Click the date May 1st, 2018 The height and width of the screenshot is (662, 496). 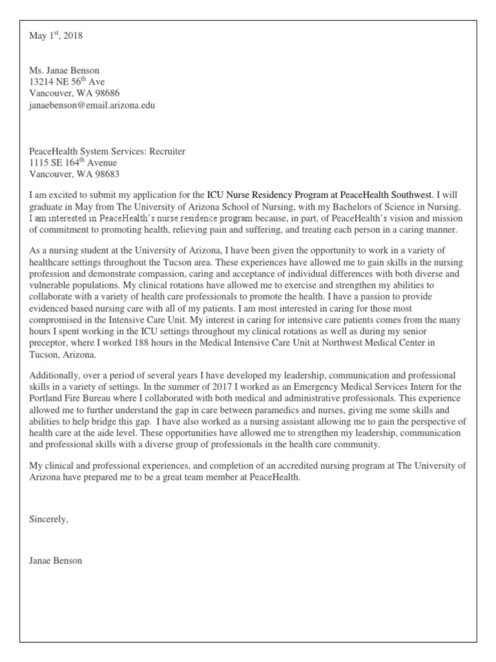coord(56,36)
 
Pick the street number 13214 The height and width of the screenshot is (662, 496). coord(43,82)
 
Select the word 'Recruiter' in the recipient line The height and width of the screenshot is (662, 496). coord(167,151)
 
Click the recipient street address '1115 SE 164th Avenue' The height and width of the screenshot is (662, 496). coord(74,163)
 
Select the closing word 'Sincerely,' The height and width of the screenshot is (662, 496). coord(48,519)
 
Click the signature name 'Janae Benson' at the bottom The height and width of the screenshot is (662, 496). coord(56,561)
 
